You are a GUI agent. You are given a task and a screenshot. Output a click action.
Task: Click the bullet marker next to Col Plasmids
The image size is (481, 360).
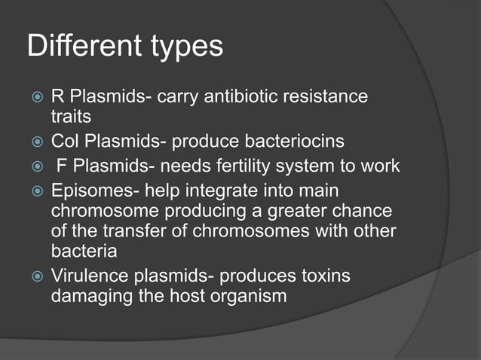pyautogui.click(x=34, y=141)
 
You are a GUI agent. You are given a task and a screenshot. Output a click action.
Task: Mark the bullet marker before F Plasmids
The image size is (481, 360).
pyautogui.click(x=34, y=166)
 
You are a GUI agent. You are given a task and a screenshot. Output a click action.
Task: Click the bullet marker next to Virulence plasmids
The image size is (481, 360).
pyautogui.click(x=34, y=276)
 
